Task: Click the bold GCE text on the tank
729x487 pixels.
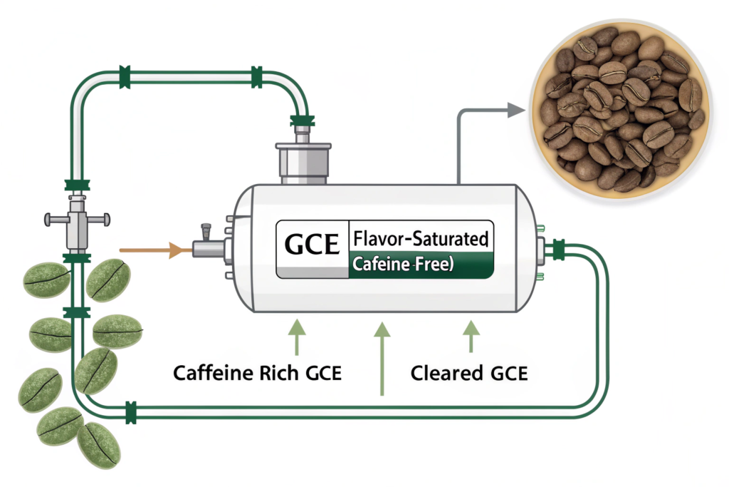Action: (312, 245)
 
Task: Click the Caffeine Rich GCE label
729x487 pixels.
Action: (258, 372)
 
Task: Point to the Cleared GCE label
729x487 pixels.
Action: (469, 372)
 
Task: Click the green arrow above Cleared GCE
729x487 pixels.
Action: (470, 336)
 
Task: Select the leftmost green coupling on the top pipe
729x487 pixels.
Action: (125, 76)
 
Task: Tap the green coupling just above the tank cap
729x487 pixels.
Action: (302, 121)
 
